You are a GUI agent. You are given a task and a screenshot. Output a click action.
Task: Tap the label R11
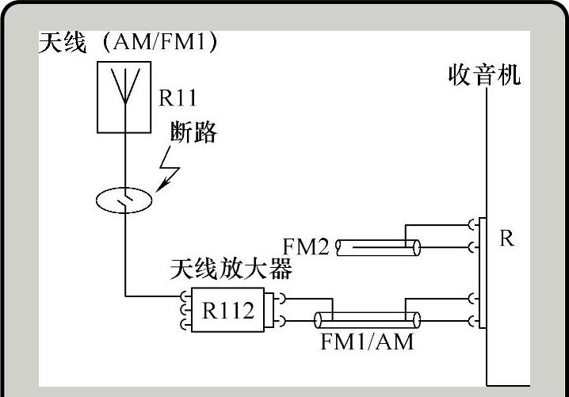(x=178, y=98)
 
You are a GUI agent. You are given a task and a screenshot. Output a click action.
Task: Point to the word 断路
(x=194, y=132)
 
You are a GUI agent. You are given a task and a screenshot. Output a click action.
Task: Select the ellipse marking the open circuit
(x=125, y=200)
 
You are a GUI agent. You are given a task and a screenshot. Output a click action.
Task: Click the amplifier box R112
(x=228, y=311)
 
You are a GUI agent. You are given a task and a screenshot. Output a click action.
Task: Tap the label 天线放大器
(x=231, y=269)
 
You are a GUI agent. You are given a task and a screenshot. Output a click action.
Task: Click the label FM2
(x=305, y=246)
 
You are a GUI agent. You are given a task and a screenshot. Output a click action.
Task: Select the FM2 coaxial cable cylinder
(x=377, y=248)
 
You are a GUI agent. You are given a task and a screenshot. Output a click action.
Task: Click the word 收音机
(x=485, y=76)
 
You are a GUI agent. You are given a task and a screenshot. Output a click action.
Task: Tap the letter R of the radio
(x=506, y=239)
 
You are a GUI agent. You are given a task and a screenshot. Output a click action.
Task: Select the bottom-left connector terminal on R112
(x=185, y=325)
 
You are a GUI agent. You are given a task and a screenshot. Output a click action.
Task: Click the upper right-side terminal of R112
(x=281, y=300)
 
